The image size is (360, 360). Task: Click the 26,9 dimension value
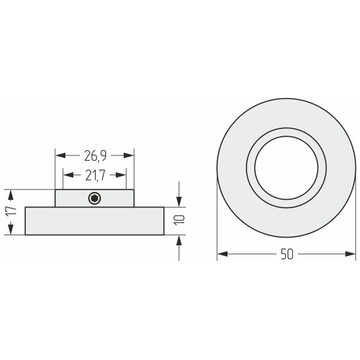95,156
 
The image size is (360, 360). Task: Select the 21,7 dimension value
95,176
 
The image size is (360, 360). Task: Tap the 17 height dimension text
11,211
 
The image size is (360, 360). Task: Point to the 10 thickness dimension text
179,220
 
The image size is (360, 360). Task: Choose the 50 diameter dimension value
287,254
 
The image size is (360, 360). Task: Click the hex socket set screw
95,199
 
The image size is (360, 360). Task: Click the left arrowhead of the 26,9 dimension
61,155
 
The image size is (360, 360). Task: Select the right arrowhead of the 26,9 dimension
128,155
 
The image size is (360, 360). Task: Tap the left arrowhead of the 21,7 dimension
68,175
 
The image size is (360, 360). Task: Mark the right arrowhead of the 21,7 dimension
121,175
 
